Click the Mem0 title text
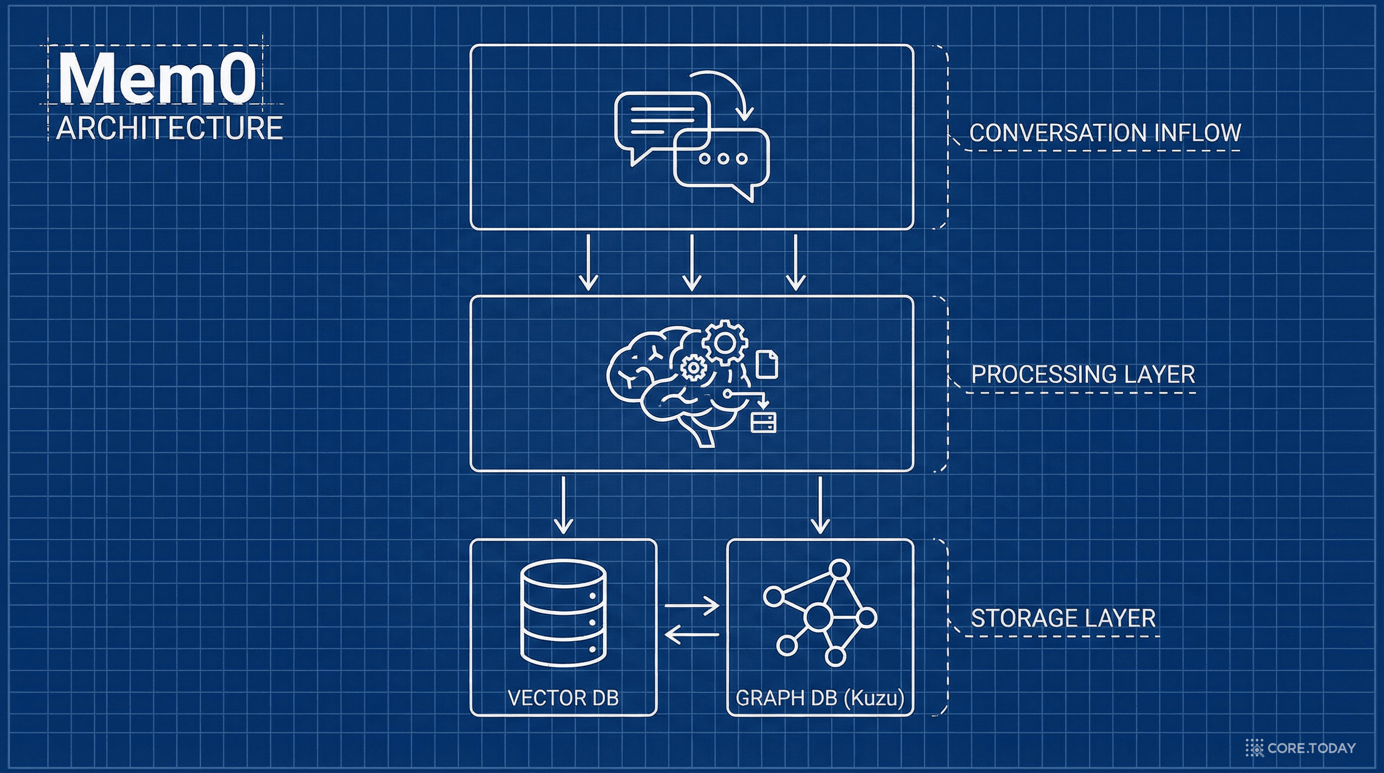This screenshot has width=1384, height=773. tap(156, 78)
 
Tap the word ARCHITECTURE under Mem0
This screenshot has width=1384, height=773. tap(169, 128)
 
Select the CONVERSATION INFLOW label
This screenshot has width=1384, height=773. tap(1104, 133)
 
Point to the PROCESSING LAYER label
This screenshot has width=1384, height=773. tap(1083, 374)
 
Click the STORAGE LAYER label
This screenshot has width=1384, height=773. tap(1063, 618)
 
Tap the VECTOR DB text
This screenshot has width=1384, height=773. tap(563, 698)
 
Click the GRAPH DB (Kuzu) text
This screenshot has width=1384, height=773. tap(820, 698)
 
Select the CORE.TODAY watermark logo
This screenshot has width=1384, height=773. tap(1300, 748)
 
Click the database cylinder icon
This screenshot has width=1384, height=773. tap(564, 612)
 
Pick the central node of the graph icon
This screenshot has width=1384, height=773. tap(816, 616)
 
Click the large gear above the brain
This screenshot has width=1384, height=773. tap(725, 342)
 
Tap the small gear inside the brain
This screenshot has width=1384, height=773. tap(693, 368)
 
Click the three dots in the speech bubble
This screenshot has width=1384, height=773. tap(723, 159)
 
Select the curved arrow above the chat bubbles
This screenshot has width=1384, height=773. tap(725, 92)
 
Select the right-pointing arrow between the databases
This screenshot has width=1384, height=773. tap(692, 606)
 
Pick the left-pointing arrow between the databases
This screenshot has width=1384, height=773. tap(692, 635)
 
